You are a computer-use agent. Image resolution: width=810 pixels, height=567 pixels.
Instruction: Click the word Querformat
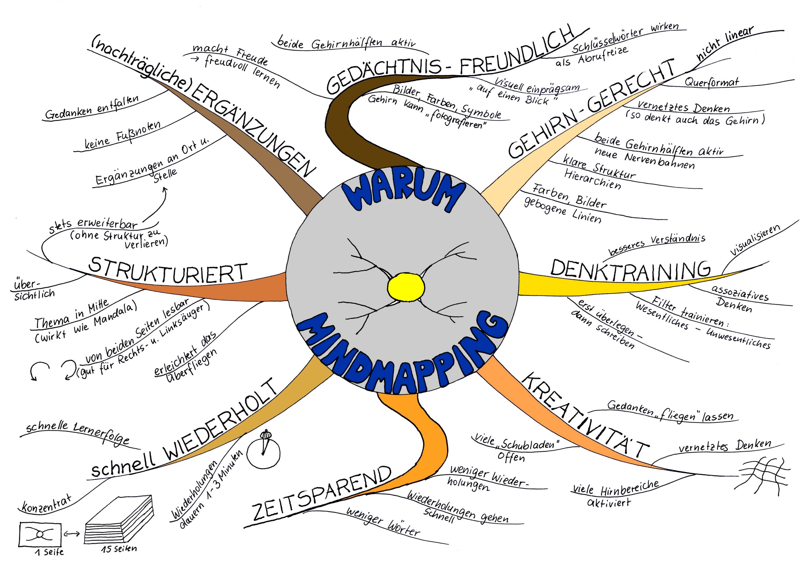(711, 83)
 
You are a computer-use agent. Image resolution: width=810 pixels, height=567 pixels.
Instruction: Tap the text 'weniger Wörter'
(383, 522)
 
